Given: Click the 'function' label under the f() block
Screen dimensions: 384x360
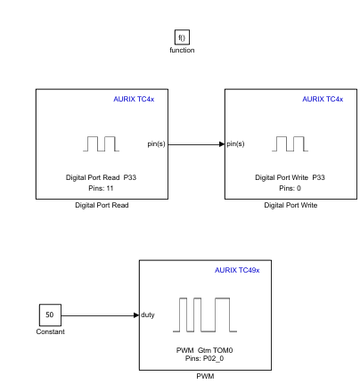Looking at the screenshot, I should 182,50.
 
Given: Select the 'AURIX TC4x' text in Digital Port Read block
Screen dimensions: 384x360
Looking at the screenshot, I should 134,99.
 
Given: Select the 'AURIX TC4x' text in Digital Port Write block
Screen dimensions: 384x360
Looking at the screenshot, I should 323,99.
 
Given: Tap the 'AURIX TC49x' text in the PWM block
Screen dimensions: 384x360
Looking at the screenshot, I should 237,269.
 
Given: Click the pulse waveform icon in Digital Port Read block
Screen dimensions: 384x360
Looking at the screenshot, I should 101,143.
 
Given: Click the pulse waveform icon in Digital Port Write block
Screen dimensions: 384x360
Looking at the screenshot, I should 289,143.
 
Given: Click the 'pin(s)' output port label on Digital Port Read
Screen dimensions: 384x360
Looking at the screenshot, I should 157,143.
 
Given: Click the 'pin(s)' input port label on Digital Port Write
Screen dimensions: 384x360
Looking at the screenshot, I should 236,143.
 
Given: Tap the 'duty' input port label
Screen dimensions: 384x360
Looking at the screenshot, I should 149,315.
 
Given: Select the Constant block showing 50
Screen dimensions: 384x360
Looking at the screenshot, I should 50,315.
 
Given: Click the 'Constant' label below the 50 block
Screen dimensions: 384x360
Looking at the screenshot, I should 50,332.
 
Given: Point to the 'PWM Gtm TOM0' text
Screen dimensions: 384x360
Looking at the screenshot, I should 202,349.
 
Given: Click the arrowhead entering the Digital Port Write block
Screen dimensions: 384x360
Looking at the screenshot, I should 221,143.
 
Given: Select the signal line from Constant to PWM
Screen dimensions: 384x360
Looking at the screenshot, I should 98,315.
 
